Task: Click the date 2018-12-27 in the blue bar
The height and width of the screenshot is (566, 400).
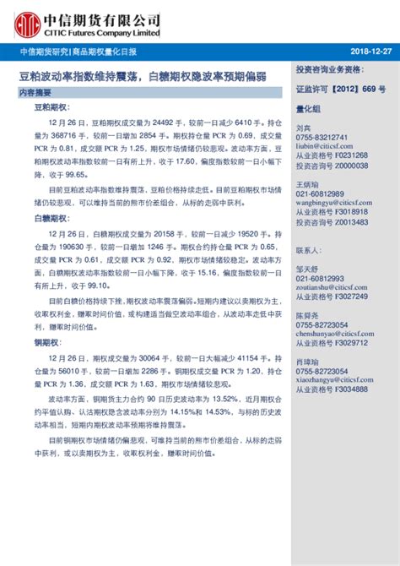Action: (368, 52)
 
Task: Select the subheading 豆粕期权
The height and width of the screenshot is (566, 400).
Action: (50, 109)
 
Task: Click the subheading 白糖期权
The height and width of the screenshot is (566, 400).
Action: (50, 217)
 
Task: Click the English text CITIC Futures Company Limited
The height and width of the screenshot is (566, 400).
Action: (100, 33)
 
